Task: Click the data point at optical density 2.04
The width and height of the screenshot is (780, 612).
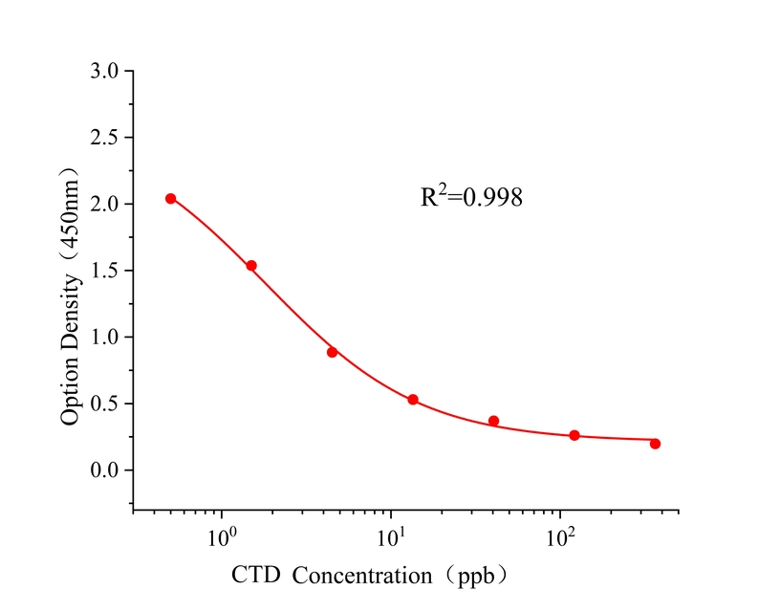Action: tap(170, 199)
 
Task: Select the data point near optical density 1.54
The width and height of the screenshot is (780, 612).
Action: tap(251, 266)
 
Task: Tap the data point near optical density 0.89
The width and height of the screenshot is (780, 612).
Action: tap(332, 352)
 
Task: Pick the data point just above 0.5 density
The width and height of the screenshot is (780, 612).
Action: tap(413, 400)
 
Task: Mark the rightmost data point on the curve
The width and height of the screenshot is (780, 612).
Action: tap(655, 444)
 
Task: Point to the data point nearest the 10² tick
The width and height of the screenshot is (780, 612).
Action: tap(574, 435)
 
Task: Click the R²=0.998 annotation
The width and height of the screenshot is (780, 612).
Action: tap(471, 198)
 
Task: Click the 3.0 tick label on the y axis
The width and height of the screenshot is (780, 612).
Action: tap(105, 72)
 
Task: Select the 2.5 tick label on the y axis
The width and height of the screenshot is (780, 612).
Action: tap(105, 138)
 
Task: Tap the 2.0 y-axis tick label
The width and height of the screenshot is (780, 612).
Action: tap(105, 205)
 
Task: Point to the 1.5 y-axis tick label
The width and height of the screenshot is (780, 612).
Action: tap(105, 271)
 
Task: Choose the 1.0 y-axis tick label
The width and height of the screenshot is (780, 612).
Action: tap(105, 338)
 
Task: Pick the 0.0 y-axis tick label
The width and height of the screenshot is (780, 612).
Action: tap(105, 470)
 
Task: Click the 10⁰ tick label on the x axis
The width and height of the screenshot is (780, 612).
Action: tap(224, 536)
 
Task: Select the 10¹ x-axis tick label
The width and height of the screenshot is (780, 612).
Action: tap(392, 536)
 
